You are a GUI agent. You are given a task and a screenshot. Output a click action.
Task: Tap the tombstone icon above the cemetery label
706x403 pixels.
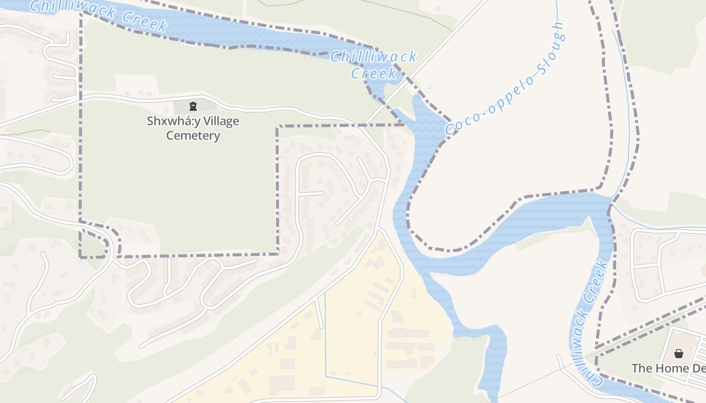(193, 106)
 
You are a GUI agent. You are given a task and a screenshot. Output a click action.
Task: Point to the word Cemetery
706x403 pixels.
(193, 136)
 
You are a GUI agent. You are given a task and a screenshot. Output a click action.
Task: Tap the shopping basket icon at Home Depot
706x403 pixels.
(678, 354)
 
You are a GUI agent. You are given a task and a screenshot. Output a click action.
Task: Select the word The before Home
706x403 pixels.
(642, 368)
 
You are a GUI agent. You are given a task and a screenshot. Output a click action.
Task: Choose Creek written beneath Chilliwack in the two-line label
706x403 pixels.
(374, 74)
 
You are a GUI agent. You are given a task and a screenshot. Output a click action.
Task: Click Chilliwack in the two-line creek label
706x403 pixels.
(374, 56)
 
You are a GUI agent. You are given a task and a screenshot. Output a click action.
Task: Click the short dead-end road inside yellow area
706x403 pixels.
(319, 312)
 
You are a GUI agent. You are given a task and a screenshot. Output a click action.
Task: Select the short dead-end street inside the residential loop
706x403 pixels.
(311, 193)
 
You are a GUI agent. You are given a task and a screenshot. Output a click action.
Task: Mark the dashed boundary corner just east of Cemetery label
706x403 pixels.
(277, 126)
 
